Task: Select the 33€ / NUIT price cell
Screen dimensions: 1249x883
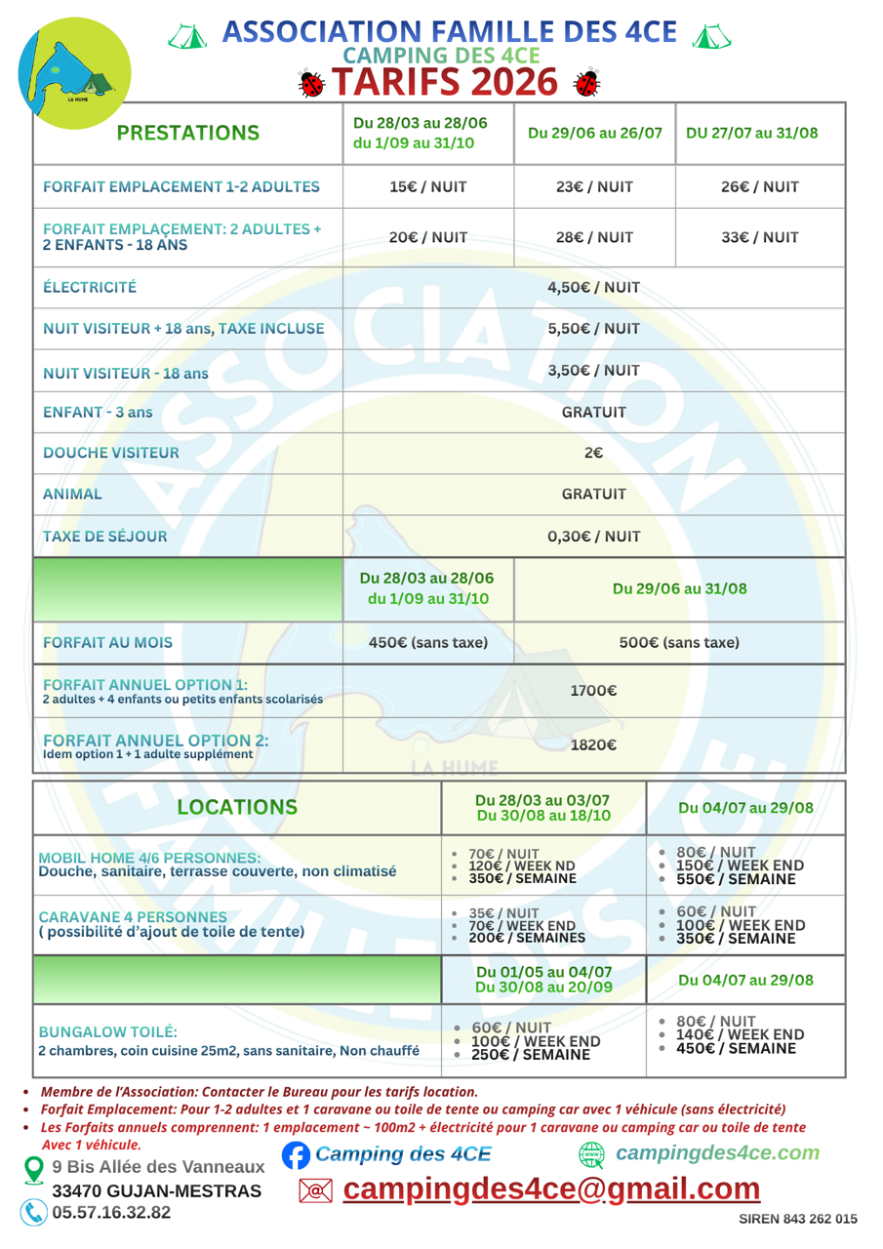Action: pyautogui.click(x=760, y=237)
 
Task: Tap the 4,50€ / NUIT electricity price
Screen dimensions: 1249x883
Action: pyautogui.click(x=594, y=287)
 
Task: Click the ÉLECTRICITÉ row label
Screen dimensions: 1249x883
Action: pyautogui.click(x=90, y=287)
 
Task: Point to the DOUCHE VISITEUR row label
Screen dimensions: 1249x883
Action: pyautogui.click(x=110, y=453)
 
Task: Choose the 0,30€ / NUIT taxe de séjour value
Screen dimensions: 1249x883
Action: pyautogui.click(x=594, y=536)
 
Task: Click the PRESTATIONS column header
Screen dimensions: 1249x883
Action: pyautogui.click(x=187, y=133)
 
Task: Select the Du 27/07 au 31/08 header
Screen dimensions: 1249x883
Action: pyautogui.click(x=760, y=133)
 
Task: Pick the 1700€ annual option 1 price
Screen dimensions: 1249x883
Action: pyautogui.click(x=594, y=691)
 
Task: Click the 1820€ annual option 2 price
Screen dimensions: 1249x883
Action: pyautogui.click(x=594, y=745)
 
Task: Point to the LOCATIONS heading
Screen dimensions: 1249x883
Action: pyautogui.click(x=236, y=807)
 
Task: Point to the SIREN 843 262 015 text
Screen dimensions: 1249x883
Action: pyautogui.click(x=798, y=1219)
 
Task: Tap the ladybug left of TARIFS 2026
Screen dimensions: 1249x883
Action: pyautogui.click(x=313, y=84)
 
